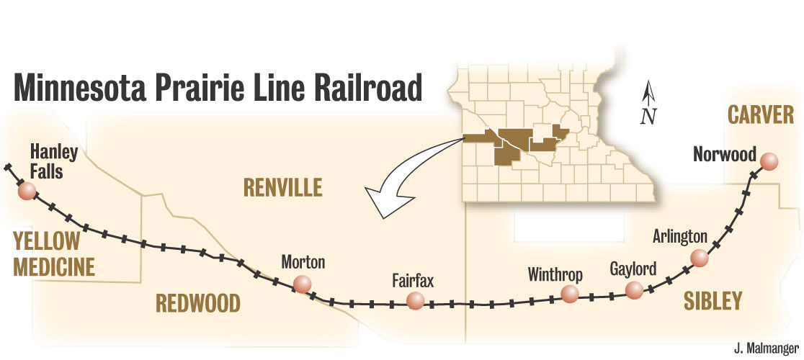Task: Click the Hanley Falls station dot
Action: pyautogui.click(x=27, y=191)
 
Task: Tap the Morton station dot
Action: pyautogui.click(x=303, y=284)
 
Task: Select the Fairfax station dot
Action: pyautogui.click(x=414, y=301)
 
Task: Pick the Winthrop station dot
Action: pyautogui.click(x=570, y=293)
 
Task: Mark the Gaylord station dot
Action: pyautogui.click(x=634, y=289)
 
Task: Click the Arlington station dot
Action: pyautogui.click(x=698, y=257)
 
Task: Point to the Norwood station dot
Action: pyautogui.click(x=770, y=162)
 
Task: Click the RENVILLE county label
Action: pyautogui.click(x=282, y=189)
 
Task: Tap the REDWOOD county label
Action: pyautogui.click(x=198, y=303)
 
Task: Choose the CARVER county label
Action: pyautogui.click(x=760, y=114)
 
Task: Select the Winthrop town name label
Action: pyautogui.click(x=555, y=274)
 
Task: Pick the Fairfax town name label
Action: pyautogui.click(x=413, y=280)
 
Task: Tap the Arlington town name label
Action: pyautogui.click(x=680, y=237)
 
